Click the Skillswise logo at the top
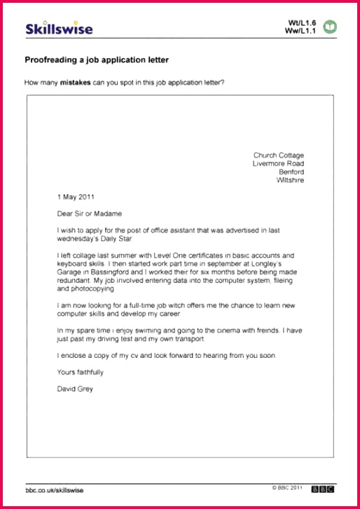pyautogui.click(x=59, y=29)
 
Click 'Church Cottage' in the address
pyautogui.click(x=279, y=155)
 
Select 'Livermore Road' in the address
pyautogui.click(x=278, y=164)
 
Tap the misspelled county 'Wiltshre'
pyautogui.click(x=291, y=181)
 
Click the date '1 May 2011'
pyautogui.click(x=76, y=197)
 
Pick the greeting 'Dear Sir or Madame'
pyautogui.click(x=89, y=214)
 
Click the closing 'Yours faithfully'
pyautogui.click(x=80, y=372)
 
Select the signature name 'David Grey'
pyautogui.click(x=74, y=389)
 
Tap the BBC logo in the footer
pyautogui.click(x=323, y=489)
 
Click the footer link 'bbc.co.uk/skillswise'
pyautogui.click(x=55, y=490)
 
